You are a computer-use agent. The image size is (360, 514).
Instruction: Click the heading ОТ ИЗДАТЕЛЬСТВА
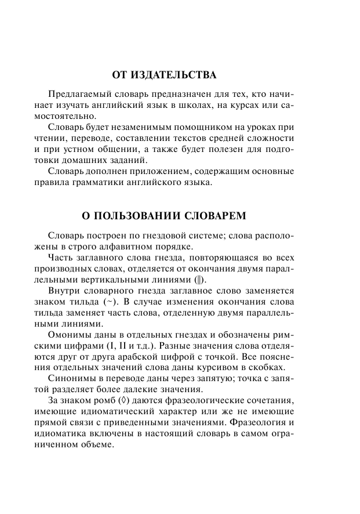click(164, 75)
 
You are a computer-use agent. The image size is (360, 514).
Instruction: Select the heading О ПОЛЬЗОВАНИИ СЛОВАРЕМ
click(164, 216)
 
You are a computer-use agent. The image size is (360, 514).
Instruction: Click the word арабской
click(168, 359)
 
